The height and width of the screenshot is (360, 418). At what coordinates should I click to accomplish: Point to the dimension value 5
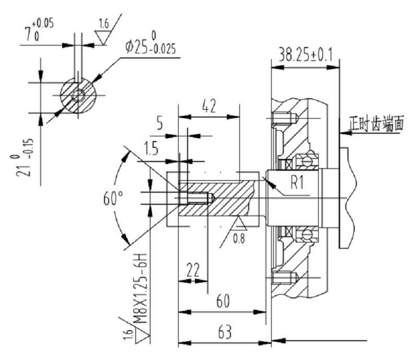160,125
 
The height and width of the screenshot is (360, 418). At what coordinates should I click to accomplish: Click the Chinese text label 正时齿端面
377,124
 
